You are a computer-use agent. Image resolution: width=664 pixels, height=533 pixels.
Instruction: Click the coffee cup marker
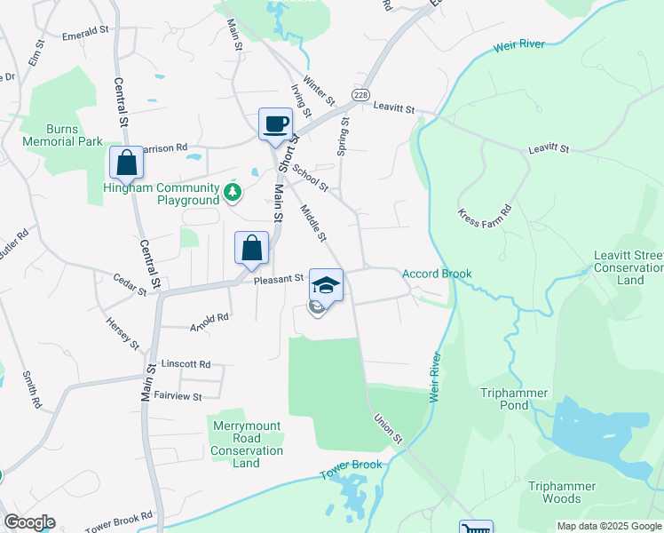pyautogui.click(x=275, y=123)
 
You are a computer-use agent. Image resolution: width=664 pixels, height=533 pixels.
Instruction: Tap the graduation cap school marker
pyautogui.click(x=326, y=284)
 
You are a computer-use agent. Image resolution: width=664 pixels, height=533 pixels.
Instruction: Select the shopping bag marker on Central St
pyautogui.click(x=126, y=163)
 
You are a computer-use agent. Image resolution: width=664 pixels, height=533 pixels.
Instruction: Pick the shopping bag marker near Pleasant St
pyautogui.click(x=251, y=248)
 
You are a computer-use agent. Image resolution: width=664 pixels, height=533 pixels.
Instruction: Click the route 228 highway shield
pyautogui.click(x=360, y=95)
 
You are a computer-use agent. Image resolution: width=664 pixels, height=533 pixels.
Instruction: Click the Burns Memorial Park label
pyautogui.click(x=62, y=135)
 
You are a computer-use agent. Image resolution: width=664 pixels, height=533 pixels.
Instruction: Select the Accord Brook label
pyautogui.click(x=437, y=274)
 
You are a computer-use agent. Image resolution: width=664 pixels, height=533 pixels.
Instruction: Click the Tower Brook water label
pyautogui.click(x=351, y=465)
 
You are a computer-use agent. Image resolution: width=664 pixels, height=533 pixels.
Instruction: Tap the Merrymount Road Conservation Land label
pyautogui.click(x=247, y=444)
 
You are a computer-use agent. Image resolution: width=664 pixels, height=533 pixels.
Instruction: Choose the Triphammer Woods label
pyautogui.click(x=567, y=492)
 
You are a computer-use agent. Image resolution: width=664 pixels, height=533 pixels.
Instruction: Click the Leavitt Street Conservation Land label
pyautogui.click(x=628, y=267)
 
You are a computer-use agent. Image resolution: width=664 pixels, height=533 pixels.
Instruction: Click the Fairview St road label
pyautogui.click(x=178, y=395)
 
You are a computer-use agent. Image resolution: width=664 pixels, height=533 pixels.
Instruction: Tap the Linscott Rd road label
pyautogui.click(x=186, y=364)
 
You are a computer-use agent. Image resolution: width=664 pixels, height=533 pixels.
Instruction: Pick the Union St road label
pyautogui.click(x=388, y=428)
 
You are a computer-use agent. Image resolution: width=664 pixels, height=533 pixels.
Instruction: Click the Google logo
pyautogui.click(x=29, y=522)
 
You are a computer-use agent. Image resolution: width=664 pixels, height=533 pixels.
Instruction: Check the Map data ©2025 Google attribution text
pyautogui.click(x=608, y=526)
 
